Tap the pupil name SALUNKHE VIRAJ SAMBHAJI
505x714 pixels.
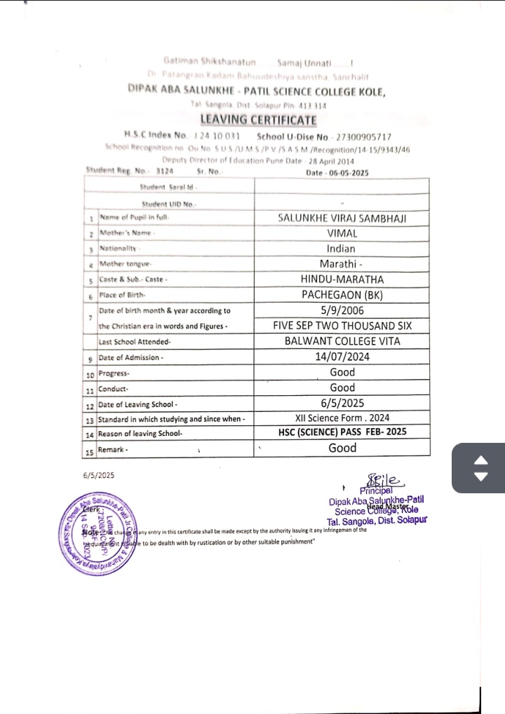(342, 219)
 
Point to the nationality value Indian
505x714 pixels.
(342, 249)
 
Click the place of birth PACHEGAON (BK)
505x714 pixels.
(342, 294)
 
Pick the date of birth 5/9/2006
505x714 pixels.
(342, 310)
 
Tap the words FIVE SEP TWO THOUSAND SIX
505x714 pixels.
(342, 326)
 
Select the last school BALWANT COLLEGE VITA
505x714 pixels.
(342, 341)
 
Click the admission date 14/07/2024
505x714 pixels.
(342, 357)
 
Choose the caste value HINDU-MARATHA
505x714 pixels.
(342, 279)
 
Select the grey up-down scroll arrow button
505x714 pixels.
(480, 469)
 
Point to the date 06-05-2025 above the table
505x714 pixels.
(348, 172)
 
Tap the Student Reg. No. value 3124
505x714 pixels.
(163, 170)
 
